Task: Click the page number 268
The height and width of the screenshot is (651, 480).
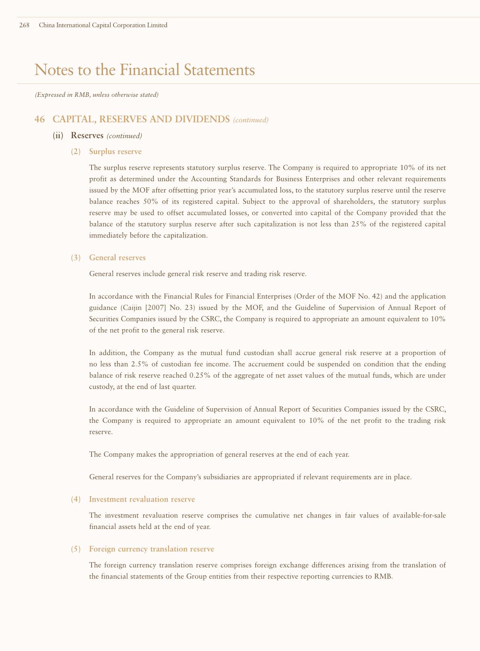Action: pyautogui.click(x=24, y=25)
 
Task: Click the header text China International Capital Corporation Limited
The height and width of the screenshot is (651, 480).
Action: pyautogui.click(x=103, y=25)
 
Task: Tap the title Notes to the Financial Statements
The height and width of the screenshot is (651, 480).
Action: pyautogui.click(x=145, y=70)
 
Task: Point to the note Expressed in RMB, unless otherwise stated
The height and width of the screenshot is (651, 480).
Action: pyautogui.click(x=96, y=95)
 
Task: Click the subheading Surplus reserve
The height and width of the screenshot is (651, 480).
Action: pyautogui.click(x=115, y=152)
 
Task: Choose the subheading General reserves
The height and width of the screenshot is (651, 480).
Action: pyautogui.click(x=117, y=257)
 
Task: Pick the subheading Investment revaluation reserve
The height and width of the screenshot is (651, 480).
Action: pyautogui.click(x=142, y=499)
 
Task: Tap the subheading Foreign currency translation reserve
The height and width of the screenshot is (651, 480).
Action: pyautogui.click(x=151, y=549)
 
